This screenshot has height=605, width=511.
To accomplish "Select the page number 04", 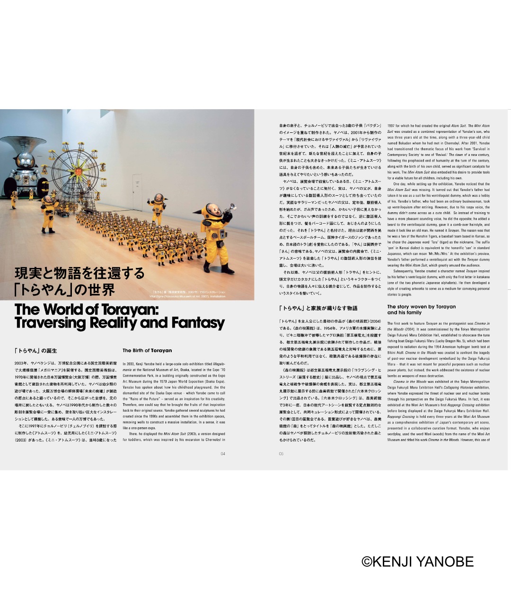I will (223, 454).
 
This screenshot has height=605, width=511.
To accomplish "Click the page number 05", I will (281, 454).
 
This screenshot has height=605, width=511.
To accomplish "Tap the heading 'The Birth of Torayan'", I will (147, 351).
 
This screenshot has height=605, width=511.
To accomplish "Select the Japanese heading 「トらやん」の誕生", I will (35, 351).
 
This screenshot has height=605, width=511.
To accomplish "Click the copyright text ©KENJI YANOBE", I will (417, 561).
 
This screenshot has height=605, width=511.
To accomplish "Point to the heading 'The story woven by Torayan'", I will (421, 307).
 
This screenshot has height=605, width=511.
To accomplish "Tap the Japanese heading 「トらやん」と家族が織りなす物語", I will (318, 308).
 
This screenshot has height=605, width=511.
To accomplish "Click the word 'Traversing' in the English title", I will (52, 323).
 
